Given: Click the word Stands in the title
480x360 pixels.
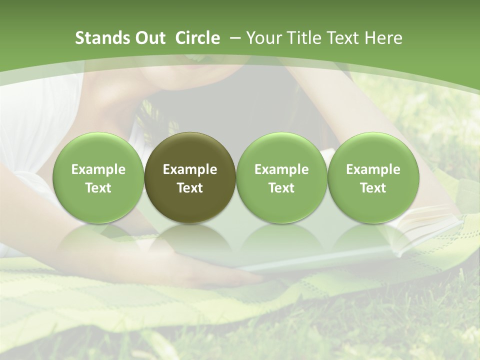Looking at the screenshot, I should coord(101,38).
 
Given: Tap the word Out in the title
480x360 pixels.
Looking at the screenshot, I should coord(149,38).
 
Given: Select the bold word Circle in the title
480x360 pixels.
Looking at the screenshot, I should coord(197,38).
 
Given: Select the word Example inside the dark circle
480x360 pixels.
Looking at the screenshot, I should coord(190,169).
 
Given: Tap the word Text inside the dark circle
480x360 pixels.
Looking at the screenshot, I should coord(190,188).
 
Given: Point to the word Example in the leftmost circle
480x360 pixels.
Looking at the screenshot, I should coord(98,169).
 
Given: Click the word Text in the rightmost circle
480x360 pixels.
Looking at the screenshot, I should coord(373,188).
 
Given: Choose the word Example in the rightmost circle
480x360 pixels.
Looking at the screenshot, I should coord(373,169).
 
